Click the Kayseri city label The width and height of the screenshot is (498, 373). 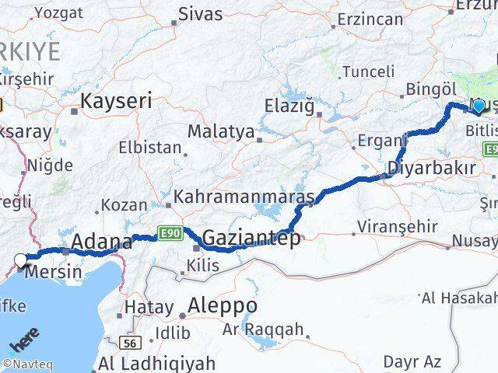116,100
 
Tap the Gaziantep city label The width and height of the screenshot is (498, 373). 251,239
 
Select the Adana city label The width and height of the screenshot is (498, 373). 101,242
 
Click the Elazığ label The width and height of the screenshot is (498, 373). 289,104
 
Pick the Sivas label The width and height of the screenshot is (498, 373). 200,14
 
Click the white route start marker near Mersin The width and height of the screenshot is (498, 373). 21,260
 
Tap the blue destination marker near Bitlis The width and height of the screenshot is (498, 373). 479,106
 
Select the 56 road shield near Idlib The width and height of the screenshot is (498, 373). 130,342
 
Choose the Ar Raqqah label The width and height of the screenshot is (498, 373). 263,329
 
